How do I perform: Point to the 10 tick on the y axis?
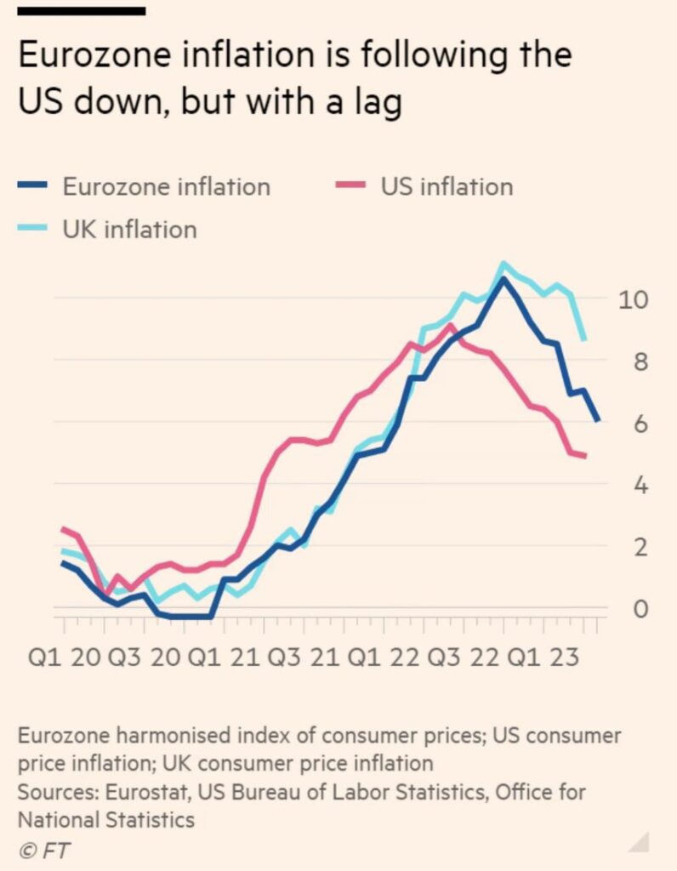(634, 299)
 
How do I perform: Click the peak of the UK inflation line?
(503, 265)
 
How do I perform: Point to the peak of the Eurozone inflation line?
(503, 279)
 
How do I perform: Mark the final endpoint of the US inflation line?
(584, 456)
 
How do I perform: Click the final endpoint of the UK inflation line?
(583, 339)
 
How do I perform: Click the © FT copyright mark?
(41, 850)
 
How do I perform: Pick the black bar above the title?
(81, 11)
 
